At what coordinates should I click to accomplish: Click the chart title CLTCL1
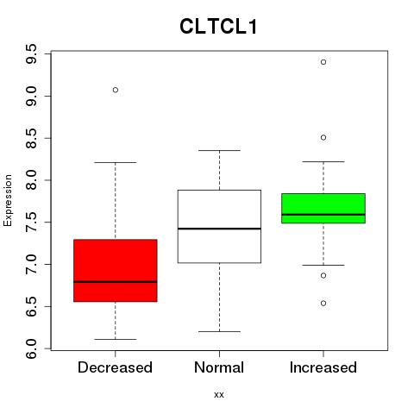(x=218, y=27)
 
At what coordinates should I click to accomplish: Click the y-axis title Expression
(x=8, y=200)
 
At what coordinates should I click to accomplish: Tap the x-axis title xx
(x=219, y=395)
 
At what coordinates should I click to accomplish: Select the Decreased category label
(x=115, y=367)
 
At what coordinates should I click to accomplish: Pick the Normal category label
(x=219, y=367)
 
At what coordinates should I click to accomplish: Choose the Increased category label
(x=323, y=367)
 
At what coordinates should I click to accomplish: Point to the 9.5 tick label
(x=31, y=54)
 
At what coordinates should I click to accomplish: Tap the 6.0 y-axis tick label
(x=31, y=348)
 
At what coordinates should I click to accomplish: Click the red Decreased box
(x=116, y=270)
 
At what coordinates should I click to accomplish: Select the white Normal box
(x=219, y=226)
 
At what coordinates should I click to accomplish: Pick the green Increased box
(x=323, y=208)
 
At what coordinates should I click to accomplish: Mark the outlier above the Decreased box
(x=116, y=90)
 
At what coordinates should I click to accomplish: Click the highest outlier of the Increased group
(x=323, y=62)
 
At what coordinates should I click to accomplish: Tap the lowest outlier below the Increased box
(x=323, y=304)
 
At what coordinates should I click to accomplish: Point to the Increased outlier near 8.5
(x=323, y=138)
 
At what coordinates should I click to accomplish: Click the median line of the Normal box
(x=219, y=229)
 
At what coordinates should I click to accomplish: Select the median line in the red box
(x=116, y=282)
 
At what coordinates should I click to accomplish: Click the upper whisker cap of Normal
(x=219, y=150)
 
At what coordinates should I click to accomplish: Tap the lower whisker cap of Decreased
(x=116, y=339)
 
